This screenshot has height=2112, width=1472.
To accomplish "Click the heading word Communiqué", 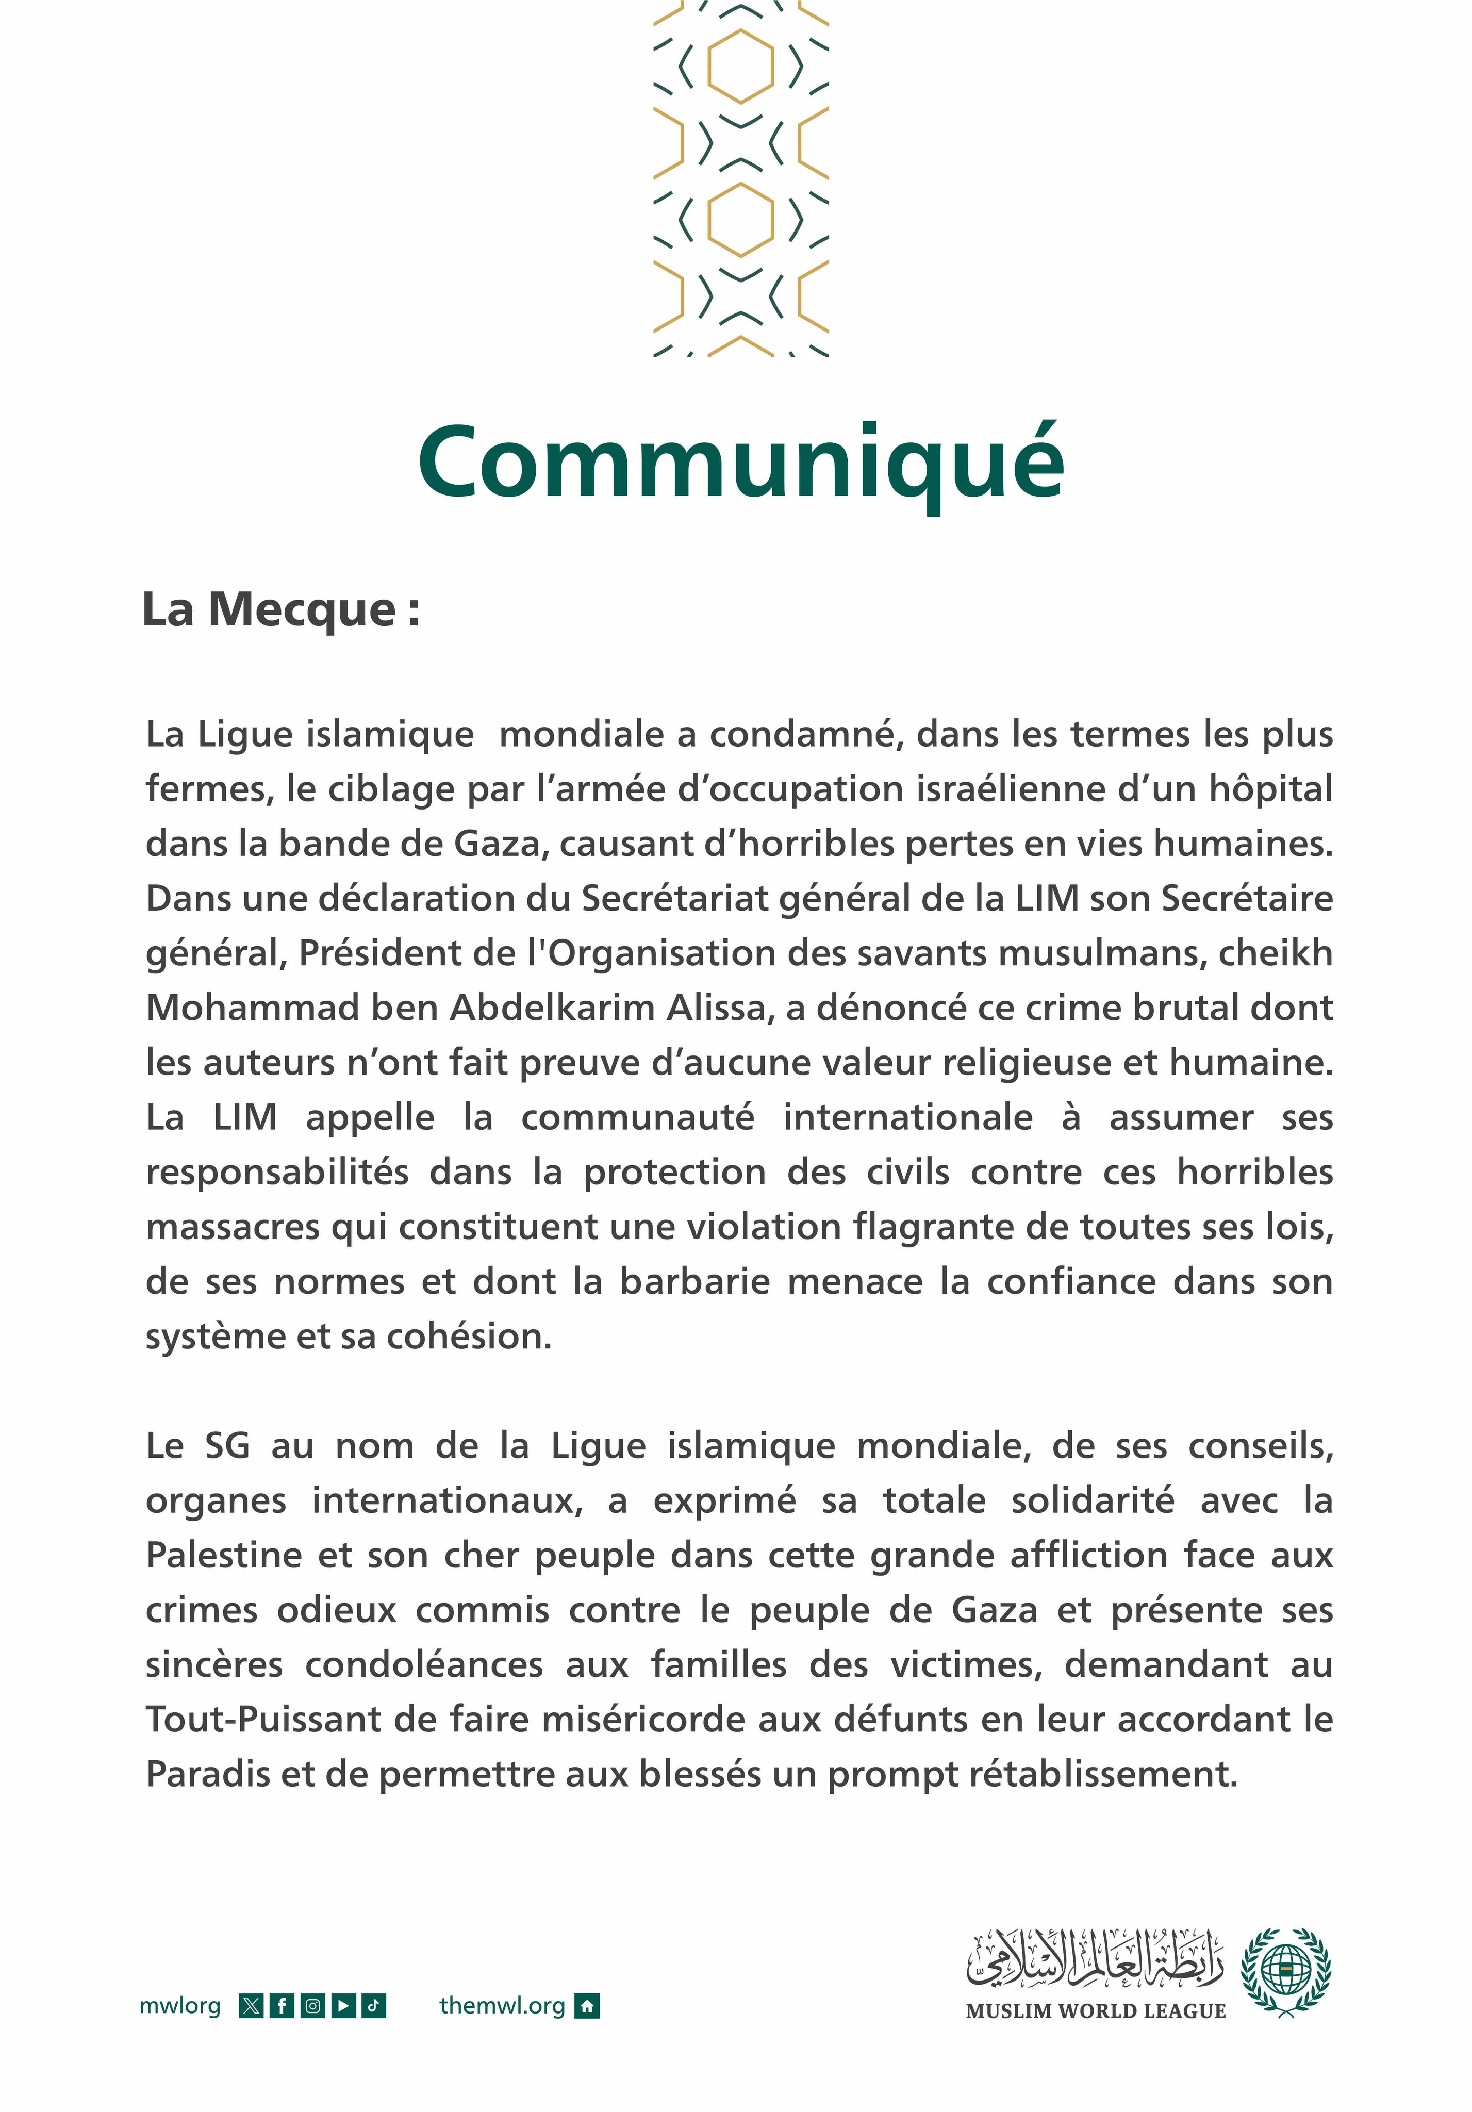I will [x=740, y=462].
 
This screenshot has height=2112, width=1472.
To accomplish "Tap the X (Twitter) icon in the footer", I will [x=250, y=2006].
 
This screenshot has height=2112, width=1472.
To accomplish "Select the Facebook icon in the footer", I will [x=282, y=2006].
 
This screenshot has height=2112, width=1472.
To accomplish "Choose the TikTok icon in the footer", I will [x=373, y=2006].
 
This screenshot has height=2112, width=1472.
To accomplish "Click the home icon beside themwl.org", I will [x=587, y=2006].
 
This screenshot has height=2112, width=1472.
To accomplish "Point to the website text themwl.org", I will [x=502, y=2006].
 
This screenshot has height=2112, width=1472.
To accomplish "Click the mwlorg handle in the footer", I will [x=180, y=2006].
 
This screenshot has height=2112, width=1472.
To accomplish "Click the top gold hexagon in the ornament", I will [x=740, y=65].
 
